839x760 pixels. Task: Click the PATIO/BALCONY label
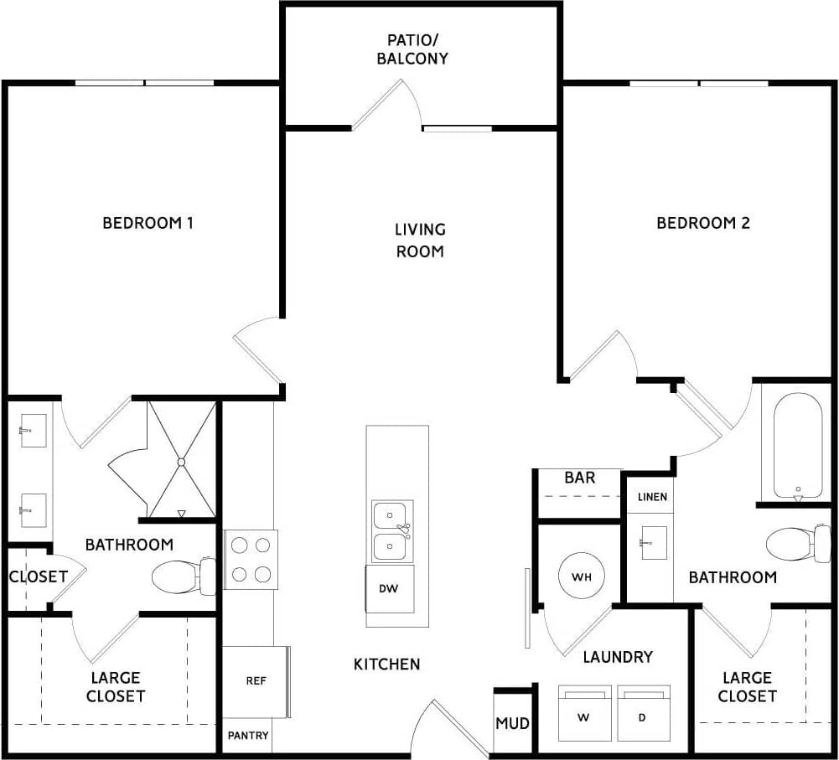[417, 49]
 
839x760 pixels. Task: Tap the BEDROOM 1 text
[148, 223]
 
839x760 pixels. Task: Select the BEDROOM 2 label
[702, 223]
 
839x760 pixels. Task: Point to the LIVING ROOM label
[420, 240]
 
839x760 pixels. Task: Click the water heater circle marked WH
[582, 577]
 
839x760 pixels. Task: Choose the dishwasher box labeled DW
[389, 588]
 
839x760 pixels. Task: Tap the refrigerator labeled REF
[256, 681]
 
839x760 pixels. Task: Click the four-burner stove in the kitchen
[251, 559]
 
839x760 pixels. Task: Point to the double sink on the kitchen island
[391, 531]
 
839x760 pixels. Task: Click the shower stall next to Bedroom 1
[181, 460]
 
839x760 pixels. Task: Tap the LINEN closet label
[652, 497]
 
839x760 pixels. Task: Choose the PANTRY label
[249, 736]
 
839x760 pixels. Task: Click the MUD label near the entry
[512, 722]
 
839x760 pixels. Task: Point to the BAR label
[580, 478]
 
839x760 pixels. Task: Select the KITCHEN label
[386, 664]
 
